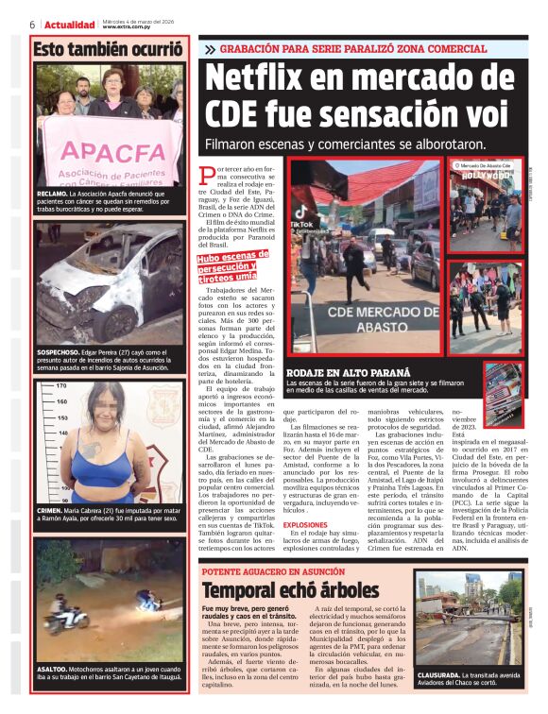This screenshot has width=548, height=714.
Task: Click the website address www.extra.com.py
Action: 128,26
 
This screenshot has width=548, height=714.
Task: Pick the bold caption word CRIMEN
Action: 49,509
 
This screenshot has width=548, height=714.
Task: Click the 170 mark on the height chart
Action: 60,385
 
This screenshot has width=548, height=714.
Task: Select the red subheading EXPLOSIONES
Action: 305,524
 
